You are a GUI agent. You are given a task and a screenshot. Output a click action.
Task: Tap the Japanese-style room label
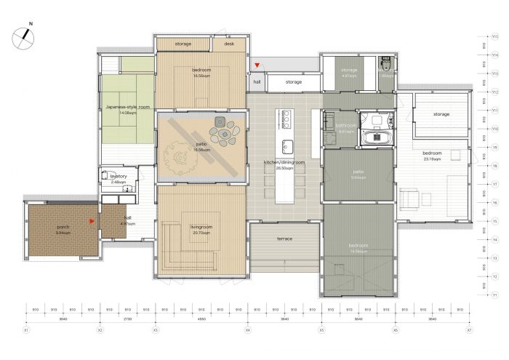click(x=127, y=108)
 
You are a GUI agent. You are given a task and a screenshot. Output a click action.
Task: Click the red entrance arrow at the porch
click(x=91, y=220)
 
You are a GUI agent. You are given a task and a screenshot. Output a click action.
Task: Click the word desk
click(x=229, y=44)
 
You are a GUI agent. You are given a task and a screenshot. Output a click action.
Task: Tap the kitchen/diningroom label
click(x=284, y=165)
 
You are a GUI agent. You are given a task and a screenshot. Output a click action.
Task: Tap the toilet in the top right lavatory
click(x=386, y=61)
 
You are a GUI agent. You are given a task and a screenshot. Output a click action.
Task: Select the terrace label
click(x=285, y=239)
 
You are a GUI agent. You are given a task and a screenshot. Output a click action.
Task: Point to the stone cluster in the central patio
click(x=221, y=131)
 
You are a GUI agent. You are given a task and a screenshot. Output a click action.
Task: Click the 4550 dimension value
click(x=201, y=319)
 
